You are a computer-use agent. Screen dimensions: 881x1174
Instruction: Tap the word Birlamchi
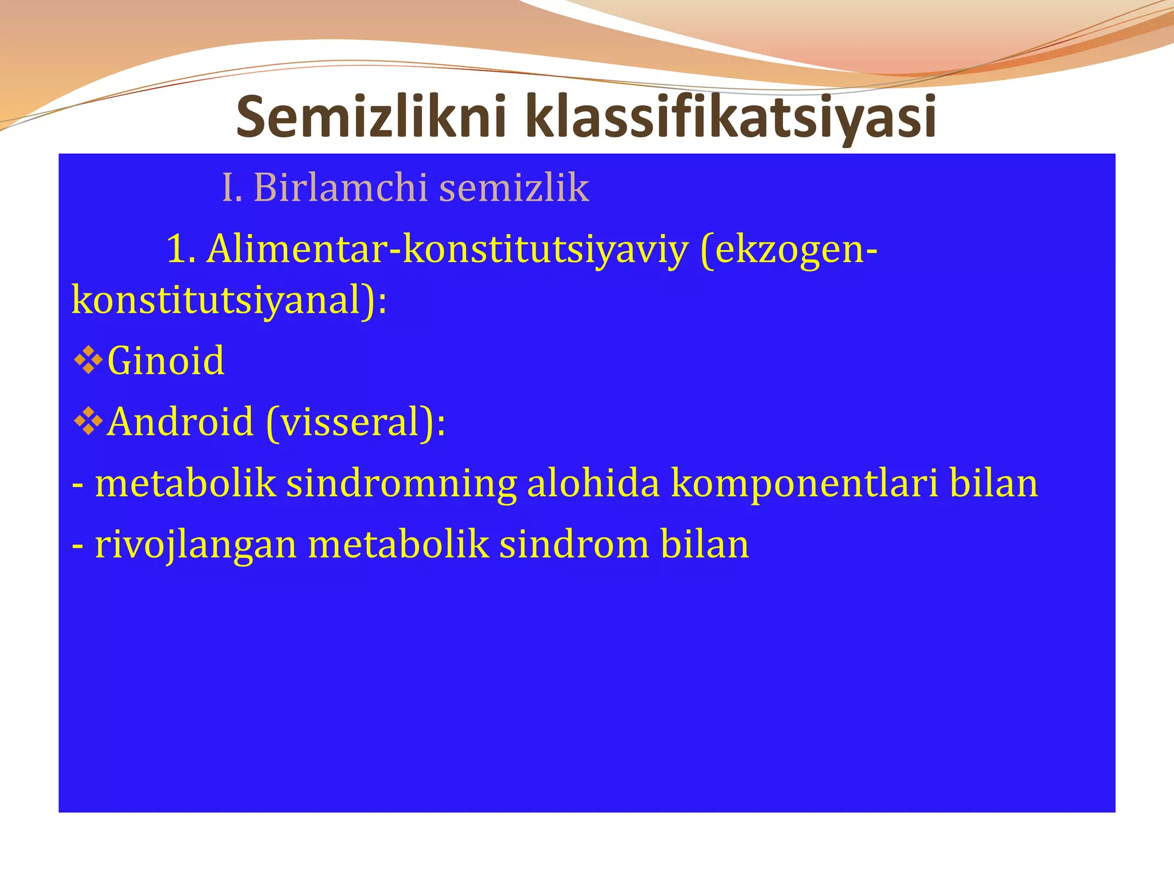(x=341, y=188)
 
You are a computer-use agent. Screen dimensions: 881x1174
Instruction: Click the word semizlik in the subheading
(x=514, y=188)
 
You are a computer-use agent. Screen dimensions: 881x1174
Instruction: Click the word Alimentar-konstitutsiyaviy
(x=447, y=250)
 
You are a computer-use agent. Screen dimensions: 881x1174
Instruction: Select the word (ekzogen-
(x=789, y=250)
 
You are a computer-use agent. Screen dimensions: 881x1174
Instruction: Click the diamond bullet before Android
(x=88, y=422)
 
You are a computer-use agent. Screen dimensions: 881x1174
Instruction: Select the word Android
(x=181, y=422)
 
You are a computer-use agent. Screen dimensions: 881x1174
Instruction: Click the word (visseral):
(x=355, y=422)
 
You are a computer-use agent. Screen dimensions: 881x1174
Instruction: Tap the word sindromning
(x=401, y=483)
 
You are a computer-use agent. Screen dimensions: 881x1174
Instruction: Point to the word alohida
(x=593, y=483)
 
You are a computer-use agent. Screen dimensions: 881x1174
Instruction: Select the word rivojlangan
(x=195, y=544)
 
